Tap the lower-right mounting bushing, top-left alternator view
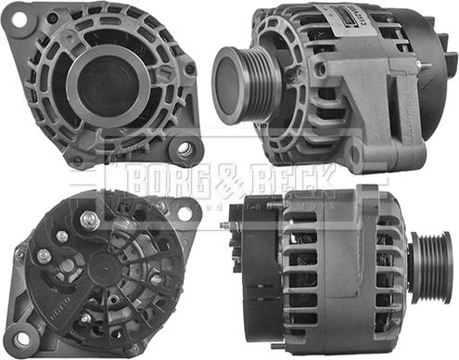tap(185, 148)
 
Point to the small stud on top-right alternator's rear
tap(421, 64)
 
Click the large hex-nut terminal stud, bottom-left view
tap(90, 220)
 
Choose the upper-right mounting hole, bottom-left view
tap(184, 212)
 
